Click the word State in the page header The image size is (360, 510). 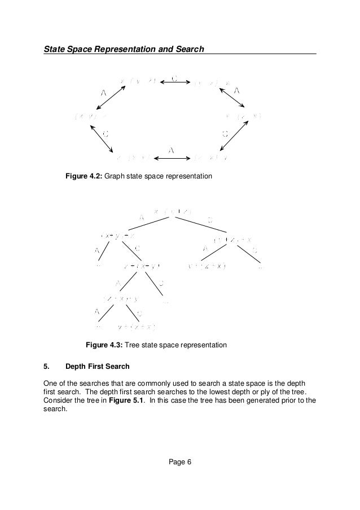pos(55,49)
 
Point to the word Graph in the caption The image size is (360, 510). pos(116,177)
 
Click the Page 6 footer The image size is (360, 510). pos(181,463)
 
